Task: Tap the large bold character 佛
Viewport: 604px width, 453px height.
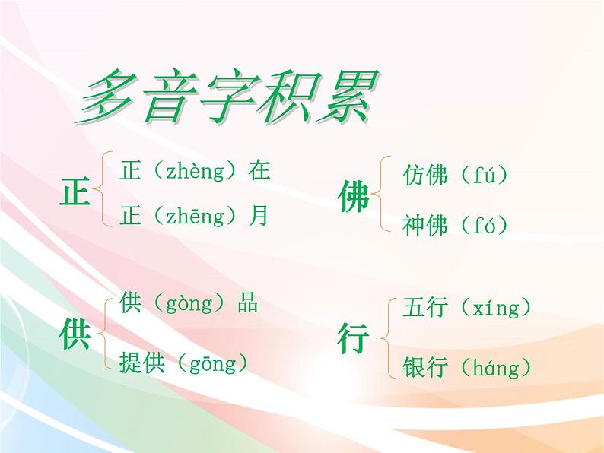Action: [353, 198]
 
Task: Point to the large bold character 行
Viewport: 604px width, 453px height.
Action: [353, 339]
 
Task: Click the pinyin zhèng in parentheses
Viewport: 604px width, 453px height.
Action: [193, 171]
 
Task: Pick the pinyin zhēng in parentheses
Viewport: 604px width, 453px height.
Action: [193, 217]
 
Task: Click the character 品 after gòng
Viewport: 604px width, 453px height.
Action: [246, 303]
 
